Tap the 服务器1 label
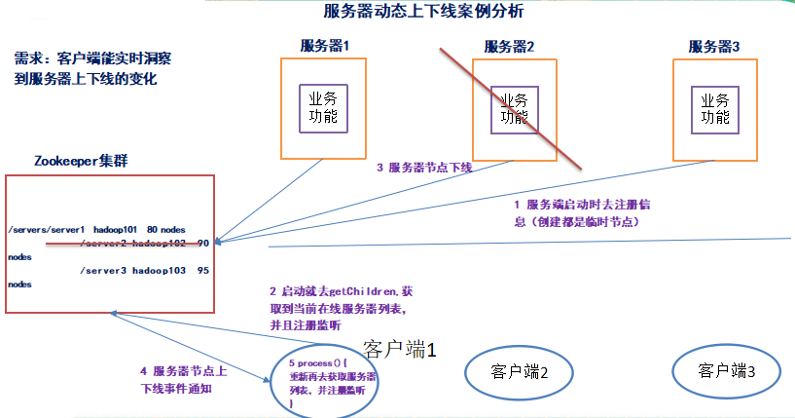click(x=324, y=46)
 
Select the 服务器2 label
click(x=509, y=47)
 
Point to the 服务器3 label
click(x=713, y=46)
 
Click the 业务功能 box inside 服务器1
click(x=323, y=108)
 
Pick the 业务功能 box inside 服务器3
click(x=715, y=108)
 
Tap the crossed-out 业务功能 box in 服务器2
click(x=513, y=109)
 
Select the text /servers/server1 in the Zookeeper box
click(x=46, y=228)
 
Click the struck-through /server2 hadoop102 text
click(x=136, y=243)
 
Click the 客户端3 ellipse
click(x=726, y=370)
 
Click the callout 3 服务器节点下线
click(x=424, y=168)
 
